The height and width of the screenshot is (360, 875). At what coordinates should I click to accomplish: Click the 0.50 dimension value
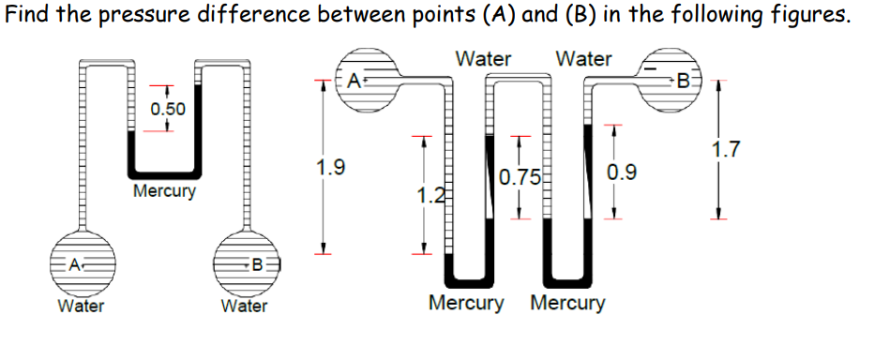[168, 109]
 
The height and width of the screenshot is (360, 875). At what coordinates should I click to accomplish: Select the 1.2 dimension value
[428, 196]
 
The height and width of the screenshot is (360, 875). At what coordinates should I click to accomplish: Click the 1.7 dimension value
[726, 148]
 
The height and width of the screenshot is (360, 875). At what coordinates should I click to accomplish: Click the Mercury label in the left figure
[165, 192]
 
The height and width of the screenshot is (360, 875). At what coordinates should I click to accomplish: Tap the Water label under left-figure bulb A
[81, 306]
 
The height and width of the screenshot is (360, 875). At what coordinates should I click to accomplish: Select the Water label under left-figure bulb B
[244, 306]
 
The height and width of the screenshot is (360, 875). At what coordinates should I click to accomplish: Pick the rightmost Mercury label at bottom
[567, 304]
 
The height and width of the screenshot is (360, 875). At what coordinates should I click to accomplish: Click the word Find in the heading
[28, 16]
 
